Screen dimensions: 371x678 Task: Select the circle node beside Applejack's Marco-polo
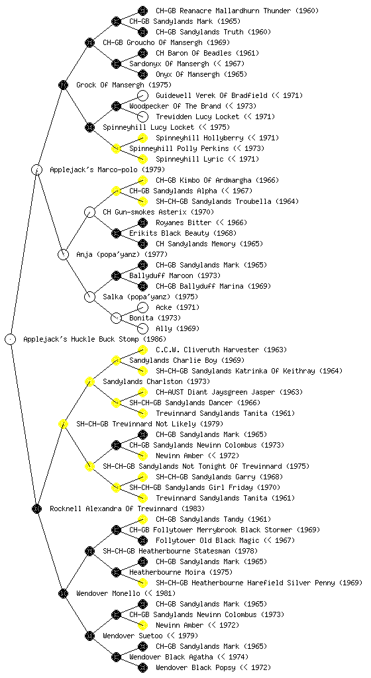coord(36,169)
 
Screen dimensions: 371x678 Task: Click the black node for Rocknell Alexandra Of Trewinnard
coord(36,508)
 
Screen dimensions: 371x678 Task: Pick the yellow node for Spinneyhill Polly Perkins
coord(116,148)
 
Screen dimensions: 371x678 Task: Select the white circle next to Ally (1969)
coord(142,328)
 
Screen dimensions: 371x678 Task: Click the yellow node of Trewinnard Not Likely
coord(63,424)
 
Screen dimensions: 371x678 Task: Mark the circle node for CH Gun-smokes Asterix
coord(89,212)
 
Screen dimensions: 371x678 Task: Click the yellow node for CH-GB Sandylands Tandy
coord(142,519)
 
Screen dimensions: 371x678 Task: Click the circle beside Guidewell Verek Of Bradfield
coord(142,95)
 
